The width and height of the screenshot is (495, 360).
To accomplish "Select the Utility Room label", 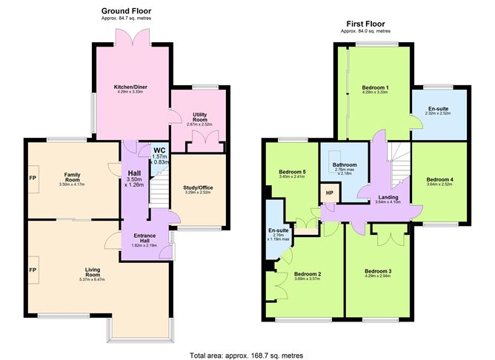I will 199,116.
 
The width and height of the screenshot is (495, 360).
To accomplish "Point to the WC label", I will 159,149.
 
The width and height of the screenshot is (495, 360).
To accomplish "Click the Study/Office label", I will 198,187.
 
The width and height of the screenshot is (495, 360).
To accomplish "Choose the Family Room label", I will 72,178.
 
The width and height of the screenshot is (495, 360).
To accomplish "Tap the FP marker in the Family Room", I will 32,179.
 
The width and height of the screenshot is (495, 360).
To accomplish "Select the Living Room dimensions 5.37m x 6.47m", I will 92,279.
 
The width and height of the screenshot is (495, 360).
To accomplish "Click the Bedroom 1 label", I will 376,88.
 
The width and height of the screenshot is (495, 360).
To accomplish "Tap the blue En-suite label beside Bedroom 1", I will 437,107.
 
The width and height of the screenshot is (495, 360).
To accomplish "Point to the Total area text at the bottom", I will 247,355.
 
